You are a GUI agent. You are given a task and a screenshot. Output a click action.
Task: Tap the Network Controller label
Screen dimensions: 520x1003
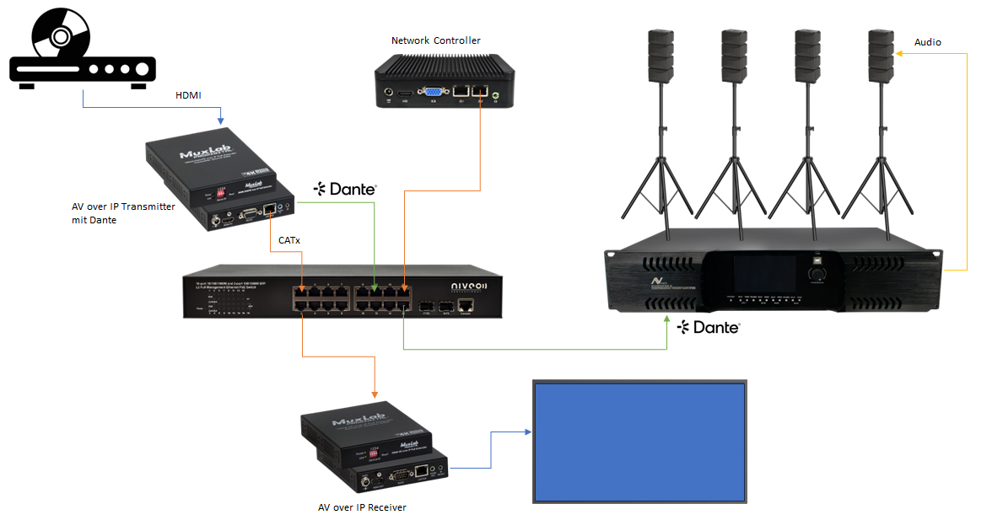435,40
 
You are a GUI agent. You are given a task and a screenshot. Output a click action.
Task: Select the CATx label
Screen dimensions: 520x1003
289,240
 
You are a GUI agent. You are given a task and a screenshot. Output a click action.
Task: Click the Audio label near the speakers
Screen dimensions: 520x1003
928,42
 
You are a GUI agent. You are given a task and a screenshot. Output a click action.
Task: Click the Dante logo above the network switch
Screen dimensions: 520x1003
345,190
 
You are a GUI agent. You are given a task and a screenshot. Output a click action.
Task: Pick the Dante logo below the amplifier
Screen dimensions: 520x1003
709,327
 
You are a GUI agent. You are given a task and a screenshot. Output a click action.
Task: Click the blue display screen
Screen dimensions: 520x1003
639,440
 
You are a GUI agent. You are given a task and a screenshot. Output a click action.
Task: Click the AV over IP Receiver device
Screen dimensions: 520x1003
375,451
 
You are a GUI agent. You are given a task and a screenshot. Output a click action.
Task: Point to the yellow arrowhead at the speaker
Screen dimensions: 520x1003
899,54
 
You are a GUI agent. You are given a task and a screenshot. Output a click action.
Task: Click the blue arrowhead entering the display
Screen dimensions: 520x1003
529,432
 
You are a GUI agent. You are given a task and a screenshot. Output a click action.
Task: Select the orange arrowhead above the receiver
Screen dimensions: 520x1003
374,394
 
